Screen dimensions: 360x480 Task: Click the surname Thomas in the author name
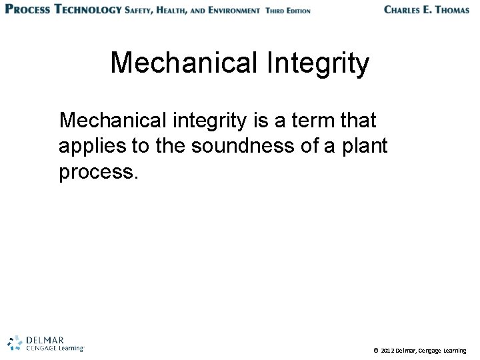click(447, 10)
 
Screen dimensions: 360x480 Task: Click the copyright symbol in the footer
click(376, 350)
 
